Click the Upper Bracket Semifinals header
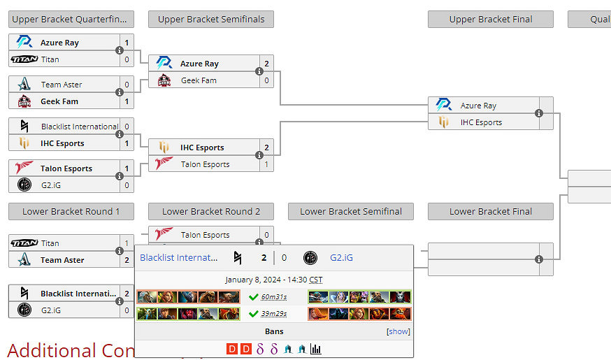pos(211,20)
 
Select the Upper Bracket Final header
pos(490,20)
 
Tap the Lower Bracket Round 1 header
pos(71,212)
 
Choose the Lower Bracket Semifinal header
pos(350,212)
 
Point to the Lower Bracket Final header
pos(490,212)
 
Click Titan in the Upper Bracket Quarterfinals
pos(50,59)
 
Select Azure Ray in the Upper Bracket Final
pos(478,106)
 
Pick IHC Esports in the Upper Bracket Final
pos(481,122)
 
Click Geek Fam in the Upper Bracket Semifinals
pos(199,80)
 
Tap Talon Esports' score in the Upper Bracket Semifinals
pos(266,164)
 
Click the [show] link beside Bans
pos(398,331)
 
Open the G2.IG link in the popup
pos(341,258)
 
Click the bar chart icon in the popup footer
pos(316,349)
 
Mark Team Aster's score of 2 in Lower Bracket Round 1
pos(127,260)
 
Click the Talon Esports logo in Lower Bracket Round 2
pos(164,235)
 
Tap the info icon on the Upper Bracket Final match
pos(539,113)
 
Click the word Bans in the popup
pos(274,331)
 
